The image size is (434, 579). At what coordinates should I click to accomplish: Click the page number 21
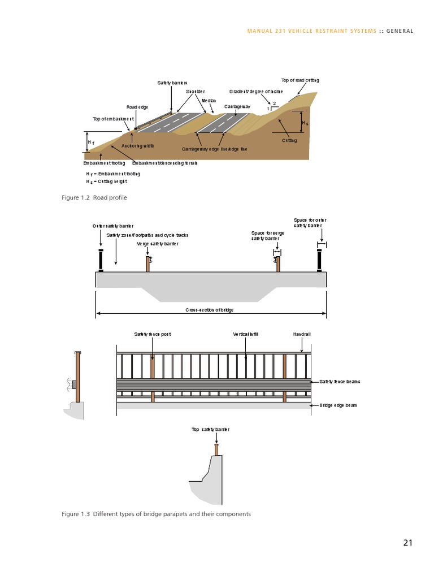[407, 543]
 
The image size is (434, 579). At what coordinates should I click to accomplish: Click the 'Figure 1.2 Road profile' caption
[94, 197]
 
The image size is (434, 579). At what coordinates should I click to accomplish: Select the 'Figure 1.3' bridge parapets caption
[156, 514]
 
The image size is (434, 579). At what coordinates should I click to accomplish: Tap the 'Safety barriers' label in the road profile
[172, 83]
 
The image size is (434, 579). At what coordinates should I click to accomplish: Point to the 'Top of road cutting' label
[300, 80]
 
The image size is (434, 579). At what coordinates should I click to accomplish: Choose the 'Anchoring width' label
[138, 145]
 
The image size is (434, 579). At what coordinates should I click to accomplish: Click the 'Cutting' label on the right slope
[289, 140]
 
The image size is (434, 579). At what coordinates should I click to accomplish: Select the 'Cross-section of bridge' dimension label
[210, 310]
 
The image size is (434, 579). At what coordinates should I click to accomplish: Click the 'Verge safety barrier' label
[158, 244]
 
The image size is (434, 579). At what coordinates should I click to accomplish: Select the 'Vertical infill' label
[245, 334]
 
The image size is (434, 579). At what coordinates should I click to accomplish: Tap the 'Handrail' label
[302, 334]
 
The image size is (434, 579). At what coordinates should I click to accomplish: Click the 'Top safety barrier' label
[210, 430]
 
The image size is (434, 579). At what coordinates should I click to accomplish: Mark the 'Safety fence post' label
[152, 334]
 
